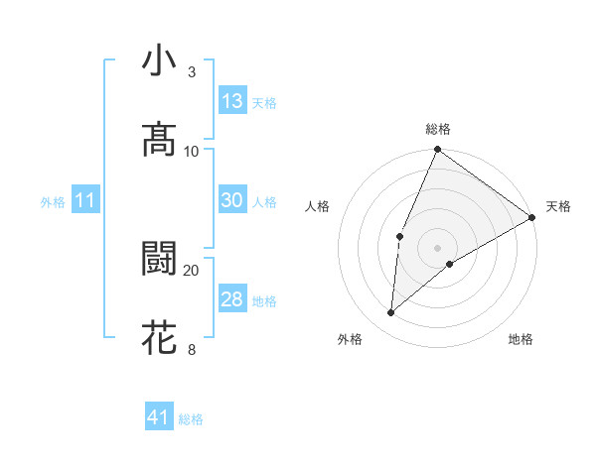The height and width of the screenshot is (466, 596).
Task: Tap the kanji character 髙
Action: pos(160,140)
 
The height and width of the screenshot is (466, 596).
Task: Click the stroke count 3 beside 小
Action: pos(192,71)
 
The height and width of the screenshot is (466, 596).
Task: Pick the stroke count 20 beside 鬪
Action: pos(192,270)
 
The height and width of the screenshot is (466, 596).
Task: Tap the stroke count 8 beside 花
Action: pos(192,349)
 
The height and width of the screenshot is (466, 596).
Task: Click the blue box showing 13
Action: pos(232,101)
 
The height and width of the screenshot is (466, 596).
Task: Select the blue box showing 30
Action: pos(232,200)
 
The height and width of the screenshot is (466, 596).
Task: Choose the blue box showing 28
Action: pos(232,299)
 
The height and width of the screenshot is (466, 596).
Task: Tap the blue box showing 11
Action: pos(84,201)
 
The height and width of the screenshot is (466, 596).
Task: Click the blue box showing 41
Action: pos(159,417)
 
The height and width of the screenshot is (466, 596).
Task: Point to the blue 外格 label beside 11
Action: pos(53,202)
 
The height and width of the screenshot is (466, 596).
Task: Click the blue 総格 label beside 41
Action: pos(191,419)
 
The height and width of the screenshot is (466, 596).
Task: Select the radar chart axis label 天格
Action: pos(558,206)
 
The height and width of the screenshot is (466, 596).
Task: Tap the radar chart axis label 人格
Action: pos(317,206)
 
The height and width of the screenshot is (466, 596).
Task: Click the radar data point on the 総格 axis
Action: pos(437,151)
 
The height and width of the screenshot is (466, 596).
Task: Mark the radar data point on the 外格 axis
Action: pos(390,313)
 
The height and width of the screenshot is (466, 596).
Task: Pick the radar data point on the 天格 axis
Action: pos(531,217)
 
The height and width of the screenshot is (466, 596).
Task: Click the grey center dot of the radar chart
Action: pos(437,247)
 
